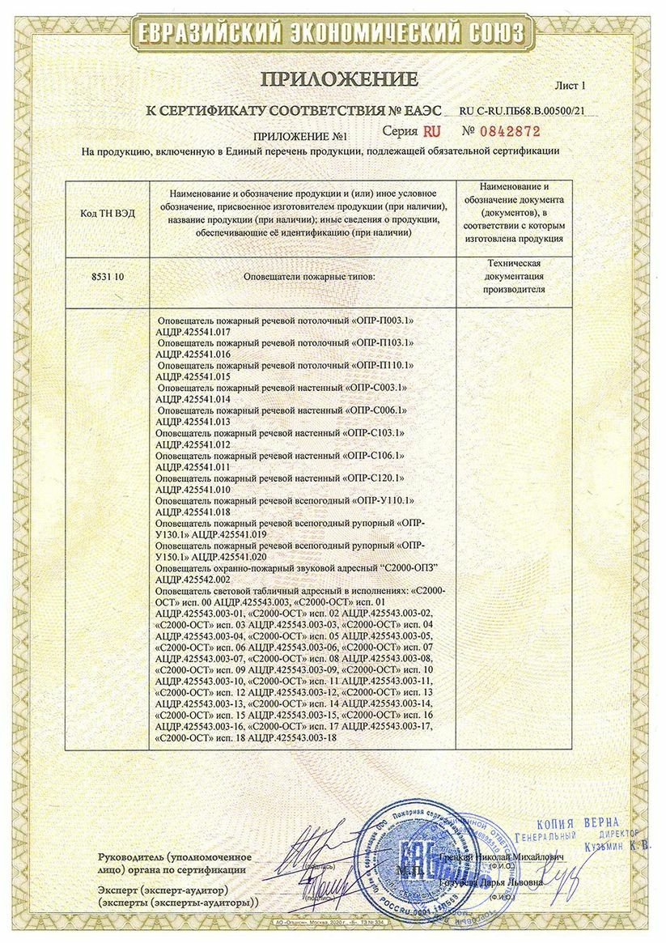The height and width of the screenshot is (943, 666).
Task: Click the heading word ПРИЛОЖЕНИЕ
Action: (338, 79)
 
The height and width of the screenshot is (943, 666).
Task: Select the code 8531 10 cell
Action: (108, 276)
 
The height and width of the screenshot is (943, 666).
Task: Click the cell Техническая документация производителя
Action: (515, 276)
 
